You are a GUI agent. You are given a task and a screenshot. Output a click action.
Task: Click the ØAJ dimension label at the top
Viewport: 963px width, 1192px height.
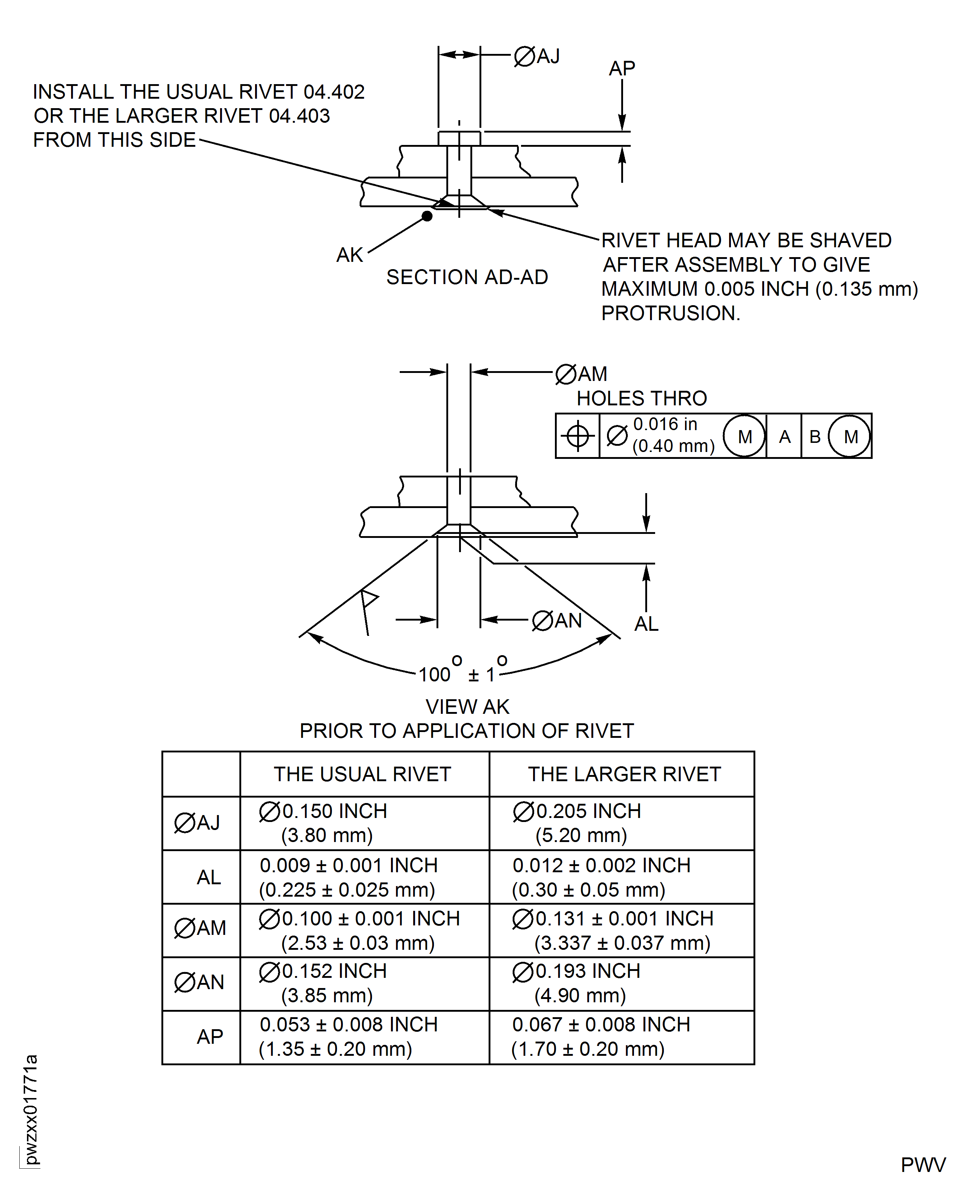pyautogui.click(x=537, y=56)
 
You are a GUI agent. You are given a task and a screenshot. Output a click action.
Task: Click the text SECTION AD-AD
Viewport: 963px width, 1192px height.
pyautogui.click(x=467, y=277)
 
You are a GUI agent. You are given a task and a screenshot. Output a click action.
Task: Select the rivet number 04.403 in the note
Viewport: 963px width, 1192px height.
pyautogui.click(x=300, y=116)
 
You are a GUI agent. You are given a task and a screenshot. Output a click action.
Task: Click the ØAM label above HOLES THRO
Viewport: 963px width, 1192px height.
pyautogui.click(x=582, y=374)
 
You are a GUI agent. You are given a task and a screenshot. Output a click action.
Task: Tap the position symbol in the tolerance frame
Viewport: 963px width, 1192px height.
pyautogui.click(x=578, y=436)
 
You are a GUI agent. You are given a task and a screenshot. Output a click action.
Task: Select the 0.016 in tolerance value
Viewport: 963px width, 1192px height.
pyautogui.click(x=665, y=424)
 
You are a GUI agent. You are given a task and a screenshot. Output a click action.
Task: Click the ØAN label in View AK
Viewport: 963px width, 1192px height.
pyautogui.click(x=557, y=620)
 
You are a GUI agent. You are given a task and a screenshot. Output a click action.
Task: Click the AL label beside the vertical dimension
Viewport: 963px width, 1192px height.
pyautogui.click(x=646, y=624)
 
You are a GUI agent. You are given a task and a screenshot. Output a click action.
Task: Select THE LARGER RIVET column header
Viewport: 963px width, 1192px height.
pyautogui.click(x=624, y=774)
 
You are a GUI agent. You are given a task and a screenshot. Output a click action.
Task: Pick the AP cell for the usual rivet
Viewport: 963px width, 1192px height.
pyautogui.click(x=348, y=1037)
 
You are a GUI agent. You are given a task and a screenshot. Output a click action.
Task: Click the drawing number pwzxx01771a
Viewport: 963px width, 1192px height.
pyautogui.click(x=31, y=1109)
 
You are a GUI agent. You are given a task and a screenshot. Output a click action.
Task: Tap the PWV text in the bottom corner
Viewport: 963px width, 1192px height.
pyautogui.click(x=923, y=1165)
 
